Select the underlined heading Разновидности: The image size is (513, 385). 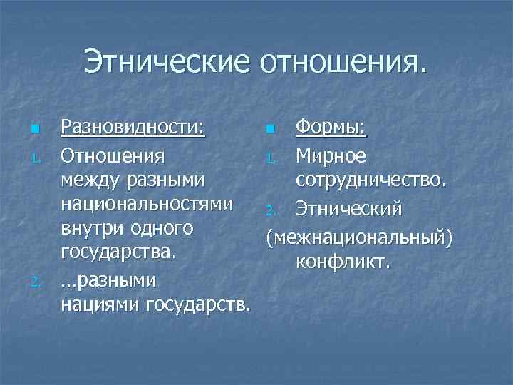(x=133, y=128)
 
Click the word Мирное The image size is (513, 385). (x=331, y=155)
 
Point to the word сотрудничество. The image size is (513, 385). (x=371, y=180)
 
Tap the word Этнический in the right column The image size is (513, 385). (x=349, y=209)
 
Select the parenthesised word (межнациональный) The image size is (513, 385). (x=358, y=235)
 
